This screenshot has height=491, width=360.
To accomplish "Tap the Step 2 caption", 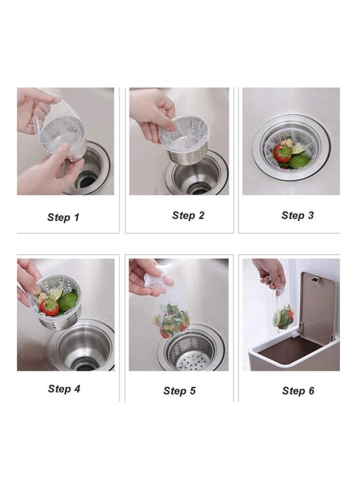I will tap(188, 216).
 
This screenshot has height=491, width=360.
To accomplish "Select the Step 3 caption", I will tap(297, 216).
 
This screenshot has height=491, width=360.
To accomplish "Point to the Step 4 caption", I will tap(64, 388).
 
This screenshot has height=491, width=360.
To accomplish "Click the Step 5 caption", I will tap(180, 391).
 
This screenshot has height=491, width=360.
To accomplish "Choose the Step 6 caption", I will tap(298, 391).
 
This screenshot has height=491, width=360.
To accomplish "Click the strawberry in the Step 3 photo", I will tap(283, 154).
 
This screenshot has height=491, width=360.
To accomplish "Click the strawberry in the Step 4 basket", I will tap(49, 307).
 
